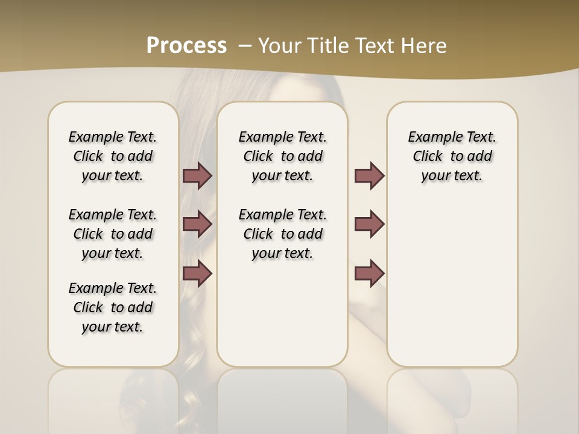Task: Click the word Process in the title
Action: [186, 45]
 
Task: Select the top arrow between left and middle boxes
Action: [197, 176]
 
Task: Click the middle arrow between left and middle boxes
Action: [197, 224]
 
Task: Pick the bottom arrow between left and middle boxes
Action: [197, 274]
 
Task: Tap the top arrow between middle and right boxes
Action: [369, 176]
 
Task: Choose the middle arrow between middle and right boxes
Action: [369, 224]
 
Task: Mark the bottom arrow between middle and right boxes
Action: [369, 274]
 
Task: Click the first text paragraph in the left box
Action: [113, 156]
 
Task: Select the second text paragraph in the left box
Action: [113, 234]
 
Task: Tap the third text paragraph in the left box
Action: [113, 307]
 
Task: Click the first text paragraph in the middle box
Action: [282, 156]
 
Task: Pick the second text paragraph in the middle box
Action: [282, 234]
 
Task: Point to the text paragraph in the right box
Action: [452, 156]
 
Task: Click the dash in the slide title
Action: [245, 45]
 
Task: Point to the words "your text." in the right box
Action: [452, 176]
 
